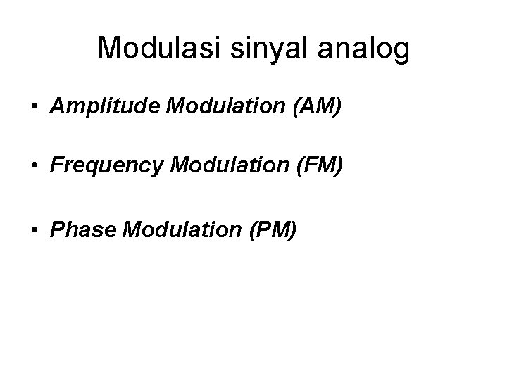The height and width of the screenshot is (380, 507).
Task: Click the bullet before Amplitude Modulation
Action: (x=34, y=108)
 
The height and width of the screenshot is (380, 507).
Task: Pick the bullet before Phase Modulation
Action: (x=34, y=229)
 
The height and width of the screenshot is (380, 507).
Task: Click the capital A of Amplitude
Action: (x=57, y=108)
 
